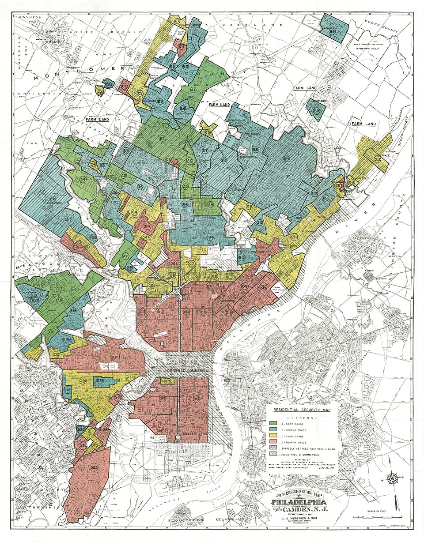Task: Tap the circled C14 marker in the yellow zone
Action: (83, 381)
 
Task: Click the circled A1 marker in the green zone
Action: (193, 90)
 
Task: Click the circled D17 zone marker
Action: (197, 399)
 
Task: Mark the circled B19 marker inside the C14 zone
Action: (100, 380)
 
